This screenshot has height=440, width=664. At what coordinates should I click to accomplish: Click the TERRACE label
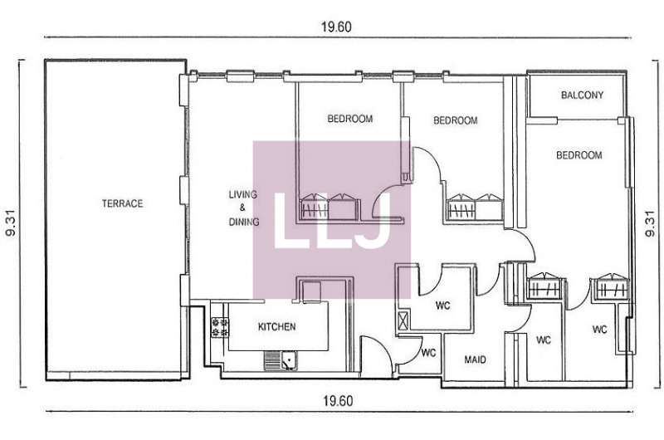pyautogui.click(x=122, y=203)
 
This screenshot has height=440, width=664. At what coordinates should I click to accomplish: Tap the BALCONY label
pyautogui.click(x=583, y=95)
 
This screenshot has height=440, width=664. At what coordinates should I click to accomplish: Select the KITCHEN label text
pyautogui.click(x=277, y=327)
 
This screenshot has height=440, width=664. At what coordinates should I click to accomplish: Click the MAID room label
pyautogui.click(x=475, y=360)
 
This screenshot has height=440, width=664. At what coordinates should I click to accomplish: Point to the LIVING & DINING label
pyautogui.click(x=243, y=208)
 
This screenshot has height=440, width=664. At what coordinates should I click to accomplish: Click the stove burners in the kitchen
pyautogui.click(x=220, y=327)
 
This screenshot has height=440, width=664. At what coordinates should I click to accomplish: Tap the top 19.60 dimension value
pyautogui.click(x=336, y=27)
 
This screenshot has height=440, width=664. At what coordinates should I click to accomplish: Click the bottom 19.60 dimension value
pyautogui.click(x=338, y=401)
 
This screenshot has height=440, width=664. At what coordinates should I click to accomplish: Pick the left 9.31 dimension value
pyautogui.click(x=10, y=223)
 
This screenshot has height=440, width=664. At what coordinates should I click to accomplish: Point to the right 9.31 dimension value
pyautogui.click(x=650, y=223)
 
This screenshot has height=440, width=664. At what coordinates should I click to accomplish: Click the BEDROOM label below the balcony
pyautogui.click(x=579, y=155)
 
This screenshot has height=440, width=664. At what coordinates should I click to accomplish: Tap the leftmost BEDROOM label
pyautogui.click(x=350, y=119)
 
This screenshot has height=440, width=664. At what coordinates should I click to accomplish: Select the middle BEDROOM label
pyautogui.click(x=455, y=120)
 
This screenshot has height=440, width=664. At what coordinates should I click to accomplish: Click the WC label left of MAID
pyautogui.click(x=428, y=353)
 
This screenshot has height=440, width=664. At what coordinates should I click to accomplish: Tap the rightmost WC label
pyautogui.click(x=599, y=330)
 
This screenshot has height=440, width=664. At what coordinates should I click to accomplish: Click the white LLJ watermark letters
pyautogui.click(x=332, y=221)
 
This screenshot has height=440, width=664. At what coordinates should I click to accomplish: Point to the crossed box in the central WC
pyautogui.click(x=403, y=320)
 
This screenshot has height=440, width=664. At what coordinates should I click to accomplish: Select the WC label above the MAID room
pyautogui.click(x=443, y=306)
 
